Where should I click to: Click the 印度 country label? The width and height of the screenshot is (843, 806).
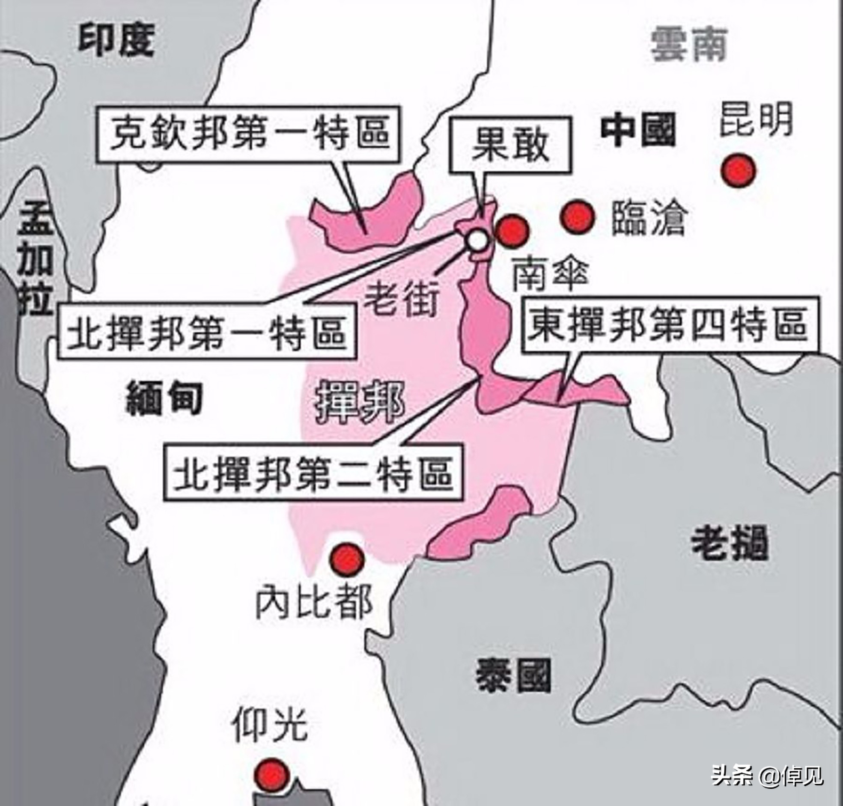[x=116, y=42]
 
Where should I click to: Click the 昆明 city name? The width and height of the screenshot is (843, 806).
[x=756, y=119]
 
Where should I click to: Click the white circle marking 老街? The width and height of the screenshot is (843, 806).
[x=478, y=241]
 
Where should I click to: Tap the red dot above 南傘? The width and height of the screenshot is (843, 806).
[x=511, y=231]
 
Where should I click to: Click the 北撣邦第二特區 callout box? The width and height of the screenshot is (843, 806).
[x=313, y=473]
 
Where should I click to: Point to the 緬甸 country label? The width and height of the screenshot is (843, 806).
[x=164, y=399]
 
